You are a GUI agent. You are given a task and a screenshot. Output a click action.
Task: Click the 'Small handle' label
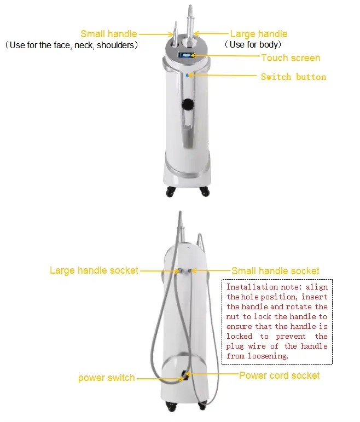[108, 34]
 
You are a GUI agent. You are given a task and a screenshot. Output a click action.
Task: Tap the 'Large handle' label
[258, 34]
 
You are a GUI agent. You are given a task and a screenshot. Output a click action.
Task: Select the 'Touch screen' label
[291, 58]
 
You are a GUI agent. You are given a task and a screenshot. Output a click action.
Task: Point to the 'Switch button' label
[293, 77]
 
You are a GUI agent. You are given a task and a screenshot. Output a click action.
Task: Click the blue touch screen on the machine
[186, 56]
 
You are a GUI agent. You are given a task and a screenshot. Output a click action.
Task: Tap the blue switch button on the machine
[187, 76]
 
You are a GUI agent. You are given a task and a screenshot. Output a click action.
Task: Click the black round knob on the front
[188, 105]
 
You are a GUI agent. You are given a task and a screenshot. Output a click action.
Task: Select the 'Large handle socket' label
[94, 270]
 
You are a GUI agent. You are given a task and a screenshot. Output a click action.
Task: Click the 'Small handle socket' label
[275, 270]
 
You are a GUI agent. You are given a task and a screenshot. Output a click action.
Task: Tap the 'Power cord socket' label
[279, 375]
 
